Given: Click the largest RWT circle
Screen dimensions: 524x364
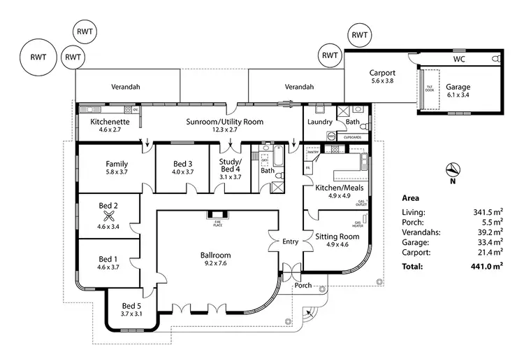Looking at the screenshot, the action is (38, 56).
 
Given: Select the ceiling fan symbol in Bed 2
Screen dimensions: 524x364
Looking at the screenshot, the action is (108, 216).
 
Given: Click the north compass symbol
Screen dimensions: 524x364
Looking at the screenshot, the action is (453, 169).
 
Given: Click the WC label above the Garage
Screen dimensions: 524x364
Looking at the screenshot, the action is (459, 60).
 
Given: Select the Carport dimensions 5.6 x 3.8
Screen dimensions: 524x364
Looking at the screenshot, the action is (382, 81).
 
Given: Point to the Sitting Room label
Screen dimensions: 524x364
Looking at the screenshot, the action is (337, 237).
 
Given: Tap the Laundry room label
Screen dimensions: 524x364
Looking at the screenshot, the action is (319, 122).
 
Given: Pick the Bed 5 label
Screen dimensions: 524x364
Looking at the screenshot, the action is (132, 306).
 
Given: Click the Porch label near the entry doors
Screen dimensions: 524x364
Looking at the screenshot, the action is (302, 285).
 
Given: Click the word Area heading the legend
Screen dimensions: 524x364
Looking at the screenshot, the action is (410, 198).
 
